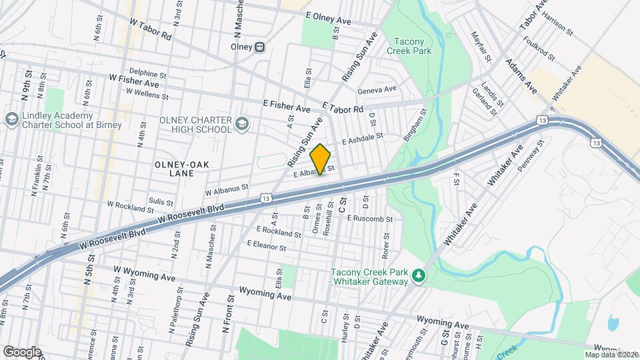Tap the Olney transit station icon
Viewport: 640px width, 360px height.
pos(260,47)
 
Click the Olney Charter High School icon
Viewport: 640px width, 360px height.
pos(241,123)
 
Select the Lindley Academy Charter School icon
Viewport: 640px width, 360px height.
pos(11,119)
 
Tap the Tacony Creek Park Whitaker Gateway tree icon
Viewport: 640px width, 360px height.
pos(418,275)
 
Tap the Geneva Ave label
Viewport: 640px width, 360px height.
pos(377,89)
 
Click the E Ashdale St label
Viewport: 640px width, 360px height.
pos(363,139)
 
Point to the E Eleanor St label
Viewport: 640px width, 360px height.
pos(266,247)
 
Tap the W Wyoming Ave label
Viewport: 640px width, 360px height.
pos(144,273)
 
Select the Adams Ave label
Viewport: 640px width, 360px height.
pos(521,75)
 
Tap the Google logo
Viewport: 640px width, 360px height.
pos(22,351)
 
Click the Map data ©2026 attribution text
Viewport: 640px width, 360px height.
pos(611,355)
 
